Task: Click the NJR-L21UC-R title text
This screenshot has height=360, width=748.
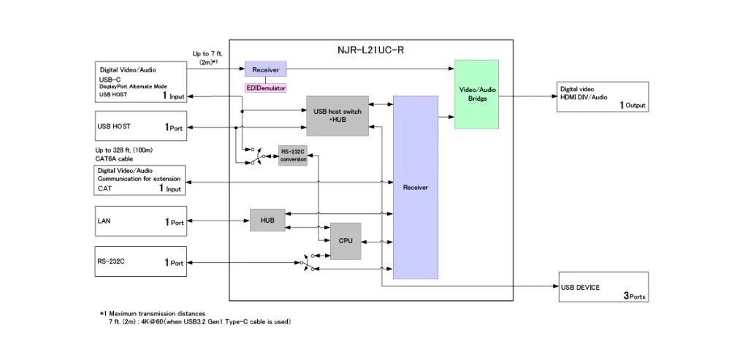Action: click(x=370, y=50)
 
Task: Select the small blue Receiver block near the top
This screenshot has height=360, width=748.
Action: click(x=265, y=69)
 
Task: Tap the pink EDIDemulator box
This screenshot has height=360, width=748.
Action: click(x=265, y=88)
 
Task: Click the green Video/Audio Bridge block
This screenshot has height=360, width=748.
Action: click(x=476, y=94)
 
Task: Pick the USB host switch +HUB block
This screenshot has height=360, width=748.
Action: click(x=337, y=115)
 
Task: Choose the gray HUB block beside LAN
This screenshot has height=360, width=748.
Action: click(x=267, y=220)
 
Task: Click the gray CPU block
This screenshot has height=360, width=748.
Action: click(x=346, y=241)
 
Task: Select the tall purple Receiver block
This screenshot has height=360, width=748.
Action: click(x=415, y=187)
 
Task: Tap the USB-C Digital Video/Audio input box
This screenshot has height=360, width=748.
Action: click(x=140, y=81)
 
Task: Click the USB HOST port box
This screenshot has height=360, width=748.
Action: click(x=140, y=126)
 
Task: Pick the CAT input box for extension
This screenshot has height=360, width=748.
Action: click(x=140, y=180)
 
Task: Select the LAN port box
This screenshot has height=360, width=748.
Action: click(x=140, y=221)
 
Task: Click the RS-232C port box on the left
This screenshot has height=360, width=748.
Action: click(x=140, y=261)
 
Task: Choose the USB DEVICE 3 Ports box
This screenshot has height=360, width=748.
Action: click(x=603, y=287)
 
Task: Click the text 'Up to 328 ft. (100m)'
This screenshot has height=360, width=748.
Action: click(x=124, y=150)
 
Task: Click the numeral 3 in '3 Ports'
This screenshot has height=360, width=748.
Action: click(x=626, y=296)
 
